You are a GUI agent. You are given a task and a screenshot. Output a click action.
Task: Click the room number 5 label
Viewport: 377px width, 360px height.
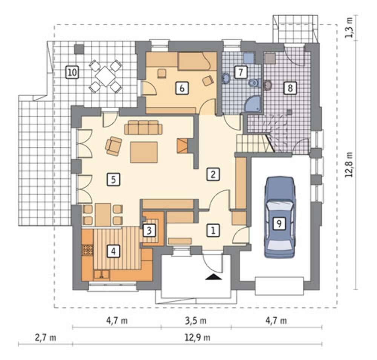coord(113,180)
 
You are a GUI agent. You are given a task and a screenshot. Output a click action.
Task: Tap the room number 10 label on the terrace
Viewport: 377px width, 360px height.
coord(72,72)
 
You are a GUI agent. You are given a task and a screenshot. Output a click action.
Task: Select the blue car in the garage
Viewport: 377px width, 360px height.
coord(279,217)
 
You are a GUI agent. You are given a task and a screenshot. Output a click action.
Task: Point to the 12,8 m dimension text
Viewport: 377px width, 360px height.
coord(349,165)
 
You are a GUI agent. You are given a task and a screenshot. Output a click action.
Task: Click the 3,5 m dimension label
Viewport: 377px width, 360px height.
coord(196,321)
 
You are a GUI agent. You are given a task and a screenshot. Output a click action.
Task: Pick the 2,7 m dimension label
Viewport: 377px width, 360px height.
coord(46,338)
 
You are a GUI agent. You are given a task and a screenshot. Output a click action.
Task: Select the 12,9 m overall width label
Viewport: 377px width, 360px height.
coord(198,338)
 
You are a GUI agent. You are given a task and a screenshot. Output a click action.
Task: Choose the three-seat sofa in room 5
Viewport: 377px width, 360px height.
coord(144,127)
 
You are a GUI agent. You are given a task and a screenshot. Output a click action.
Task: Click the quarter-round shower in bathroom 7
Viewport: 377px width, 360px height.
coord(253,104)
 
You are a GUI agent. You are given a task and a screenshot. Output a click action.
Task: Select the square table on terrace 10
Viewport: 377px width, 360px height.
coord(105,76)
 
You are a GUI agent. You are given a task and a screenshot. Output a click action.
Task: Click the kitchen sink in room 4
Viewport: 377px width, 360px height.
coord(102,274)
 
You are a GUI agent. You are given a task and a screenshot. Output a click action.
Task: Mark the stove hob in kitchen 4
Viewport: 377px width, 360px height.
coord(87,250)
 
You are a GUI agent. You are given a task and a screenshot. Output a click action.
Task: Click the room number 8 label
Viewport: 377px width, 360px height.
coord(290,88)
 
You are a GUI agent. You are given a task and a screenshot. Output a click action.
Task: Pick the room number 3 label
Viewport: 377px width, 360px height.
coord(149,231)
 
